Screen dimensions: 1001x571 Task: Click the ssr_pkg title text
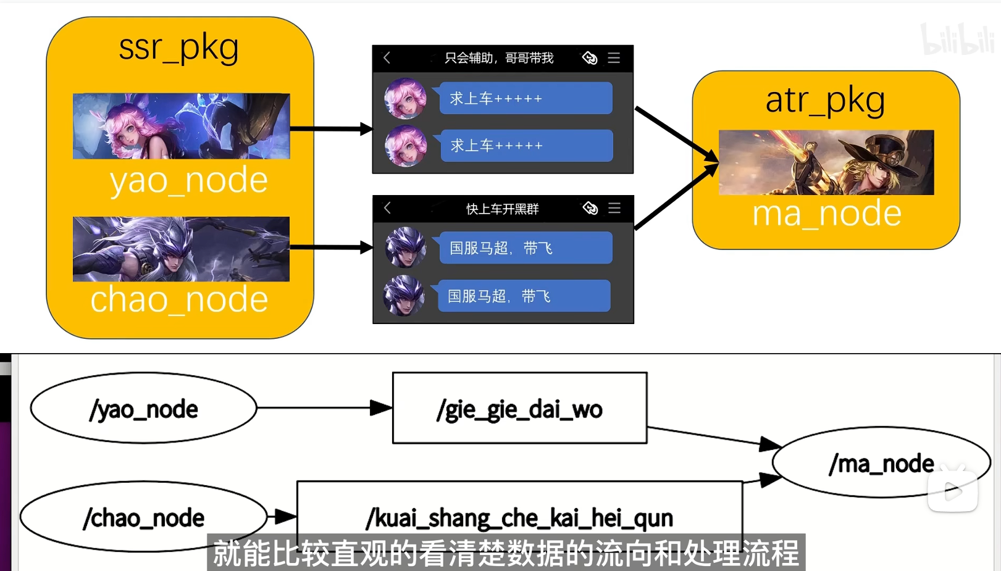click(178, 48)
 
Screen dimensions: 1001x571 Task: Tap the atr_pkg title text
click(825, 100)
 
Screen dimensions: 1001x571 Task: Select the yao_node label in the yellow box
click(188, 180)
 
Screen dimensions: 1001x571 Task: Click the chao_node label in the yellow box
click(179, 299)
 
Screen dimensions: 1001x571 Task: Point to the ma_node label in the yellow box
click(826, 214)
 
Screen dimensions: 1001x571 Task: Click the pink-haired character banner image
click(181, 126)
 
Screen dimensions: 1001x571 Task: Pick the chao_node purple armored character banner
click(181, 249)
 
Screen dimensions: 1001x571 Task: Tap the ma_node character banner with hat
click(826, 162)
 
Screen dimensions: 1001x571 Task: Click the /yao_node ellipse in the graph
click(143, 408)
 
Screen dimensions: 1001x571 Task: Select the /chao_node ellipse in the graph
click(143, 517)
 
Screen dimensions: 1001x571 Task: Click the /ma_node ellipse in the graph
click(881, 463)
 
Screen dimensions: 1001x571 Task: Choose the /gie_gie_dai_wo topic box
click(519, 408)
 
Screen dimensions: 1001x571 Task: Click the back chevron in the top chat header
click(387, 58)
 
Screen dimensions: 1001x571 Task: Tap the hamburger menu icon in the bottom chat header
click(614, 208)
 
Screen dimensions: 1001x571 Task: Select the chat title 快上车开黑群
click(502, 209)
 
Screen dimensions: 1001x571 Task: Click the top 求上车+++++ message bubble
click(526, 98)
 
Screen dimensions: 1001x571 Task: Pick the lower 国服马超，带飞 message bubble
click(524, 296)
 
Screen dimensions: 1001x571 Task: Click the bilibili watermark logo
click(957, 40)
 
